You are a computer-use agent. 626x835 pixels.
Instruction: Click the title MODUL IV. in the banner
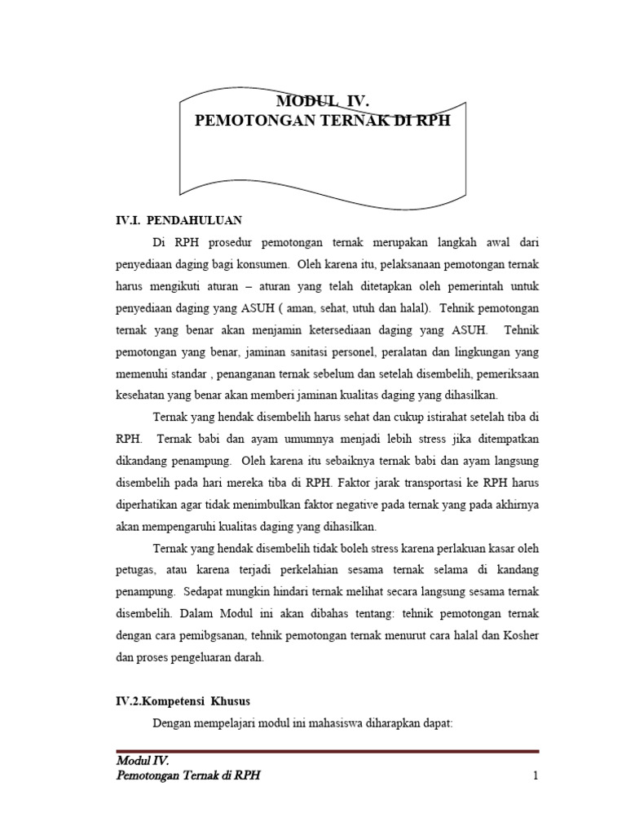point(323,102)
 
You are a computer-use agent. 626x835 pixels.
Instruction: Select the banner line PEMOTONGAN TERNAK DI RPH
point(323,120)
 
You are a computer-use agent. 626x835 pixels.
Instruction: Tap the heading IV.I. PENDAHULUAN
point(177,220)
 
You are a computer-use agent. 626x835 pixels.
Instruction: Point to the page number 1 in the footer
point(536,776)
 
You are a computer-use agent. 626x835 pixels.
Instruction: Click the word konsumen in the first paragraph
point(263,265)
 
